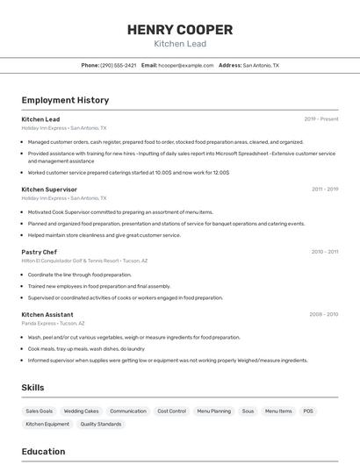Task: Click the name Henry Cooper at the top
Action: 179,29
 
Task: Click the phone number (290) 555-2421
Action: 118,65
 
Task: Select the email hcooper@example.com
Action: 185,65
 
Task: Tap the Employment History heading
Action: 65,100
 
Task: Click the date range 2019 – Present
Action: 320,119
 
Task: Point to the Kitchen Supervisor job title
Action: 49,190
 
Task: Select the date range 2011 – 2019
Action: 324,190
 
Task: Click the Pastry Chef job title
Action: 39,252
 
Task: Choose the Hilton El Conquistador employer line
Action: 84,261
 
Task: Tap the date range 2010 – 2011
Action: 324,252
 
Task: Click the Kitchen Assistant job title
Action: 47,314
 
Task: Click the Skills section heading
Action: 32,387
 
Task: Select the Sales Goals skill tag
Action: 39,411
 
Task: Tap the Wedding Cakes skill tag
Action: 81,411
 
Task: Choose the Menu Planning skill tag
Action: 213,411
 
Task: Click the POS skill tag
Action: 308,411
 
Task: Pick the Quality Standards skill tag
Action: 101,424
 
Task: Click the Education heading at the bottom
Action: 43,452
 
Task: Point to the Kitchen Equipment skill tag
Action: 47,424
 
